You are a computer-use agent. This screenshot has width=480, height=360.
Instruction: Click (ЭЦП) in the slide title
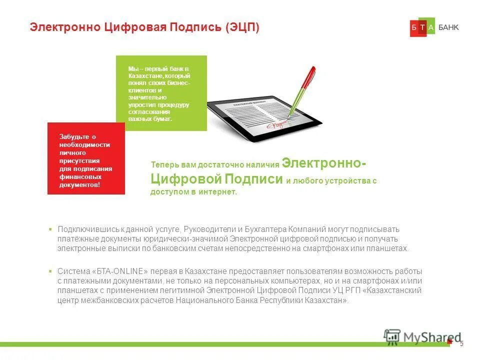pos(242,27)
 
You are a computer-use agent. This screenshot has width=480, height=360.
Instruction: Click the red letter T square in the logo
pos(422,28)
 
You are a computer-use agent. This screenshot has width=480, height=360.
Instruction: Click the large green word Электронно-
pos(323,163)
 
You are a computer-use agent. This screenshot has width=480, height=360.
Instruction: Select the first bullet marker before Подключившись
pos(50,229)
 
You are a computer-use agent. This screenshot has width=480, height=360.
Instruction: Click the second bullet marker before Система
pos(50,271)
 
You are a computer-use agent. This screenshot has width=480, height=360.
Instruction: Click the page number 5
pos(461,343)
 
